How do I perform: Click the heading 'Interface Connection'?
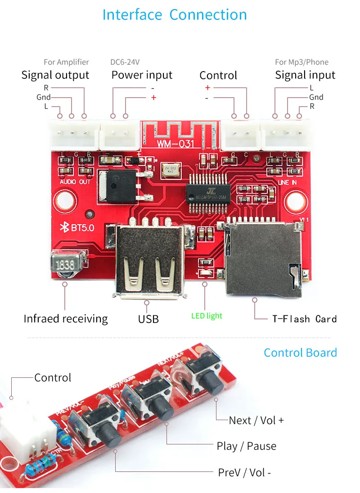click(x=175, y=15)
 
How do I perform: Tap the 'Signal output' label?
click(x=55, y=75)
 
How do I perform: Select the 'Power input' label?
click(x=142, y=75)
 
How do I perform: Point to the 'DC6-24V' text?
click(x=128, y=62)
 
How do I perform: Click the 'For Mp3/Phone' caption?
click(x=301, y=62)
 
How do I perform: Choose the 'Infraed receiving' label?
click(x=66, y=319)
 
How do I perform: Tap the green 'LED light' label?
click(x=207, y=316)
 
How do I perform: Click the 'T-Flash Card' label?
click(x=304, y=319)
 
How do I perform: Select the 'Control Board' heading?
click(x=300, y=353)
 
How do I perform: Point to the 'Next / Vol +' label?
click(x=256, y=420)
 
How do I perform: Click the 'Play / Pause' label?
click(x=246, y=446)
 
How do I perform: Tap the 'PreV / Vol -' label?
click(x=244, y=472)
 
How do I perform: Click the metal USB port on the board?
click(x=148, y=261)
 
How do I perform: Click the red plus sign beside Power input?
click(x=153, y=97)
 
